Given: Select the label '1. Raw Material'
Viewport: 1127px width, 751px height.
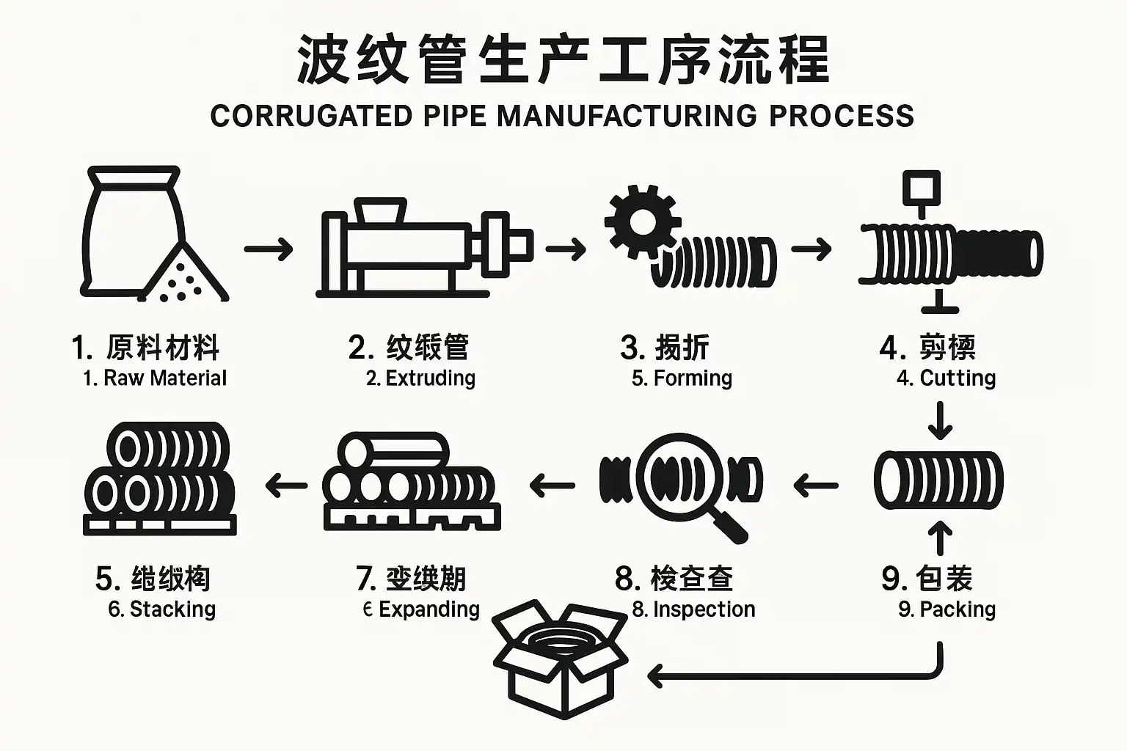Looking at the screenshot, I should [155, 378].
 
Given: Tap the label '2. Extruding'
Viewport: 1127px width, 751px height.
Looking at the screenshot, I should [421, 378].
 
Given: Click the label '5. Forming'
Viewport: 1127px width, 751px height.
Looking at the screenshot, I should [682, 378].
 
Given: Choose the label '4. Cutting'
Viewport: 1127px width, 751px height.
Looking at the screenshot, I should [947, 378].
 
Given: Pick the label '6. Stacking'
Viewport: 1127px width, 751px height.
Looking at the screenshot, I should [162, 609].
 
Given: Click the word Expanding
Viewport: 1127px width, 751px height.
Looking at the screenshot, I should [429, 609].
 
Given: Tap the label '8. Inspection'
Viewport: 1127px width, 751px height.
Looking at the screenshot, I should [694, 609].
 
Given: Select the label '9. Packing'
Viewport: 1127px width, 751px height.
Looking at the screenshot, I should [947, 609].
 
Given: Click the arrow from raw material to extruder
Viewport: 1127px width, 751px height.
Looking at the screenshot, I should [269, 249].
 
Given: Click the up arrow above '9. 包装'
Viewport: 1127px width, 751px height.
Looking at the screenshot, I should [940, 538].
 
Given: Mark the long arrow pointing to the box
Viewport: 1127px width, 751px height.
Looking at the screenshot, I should [792, 674].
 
